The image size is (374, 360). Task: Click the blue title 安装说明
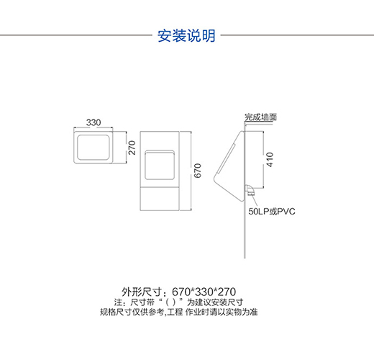coord(186,36)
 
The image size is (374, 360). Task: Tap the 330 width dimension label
coord(93,122)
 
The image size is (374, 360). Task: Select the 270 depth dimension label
coord(132,148)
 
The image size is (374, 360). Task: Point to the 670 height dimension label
coord(197,171)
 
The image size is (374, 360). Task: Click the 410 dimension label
coord(270,159)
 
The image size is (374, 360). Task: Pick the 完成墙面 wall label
coord(260,117)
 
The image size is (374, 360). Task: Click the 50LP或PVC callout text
coord(272,212)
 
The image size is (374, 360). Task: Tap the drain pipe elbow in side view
coord(250,190)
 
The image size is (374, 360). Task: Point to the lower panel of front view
coord(160,199)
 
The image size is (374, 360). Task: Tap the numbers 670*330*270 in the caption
coord(204,292)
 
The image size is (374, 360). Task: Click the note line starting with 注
coord(178,302)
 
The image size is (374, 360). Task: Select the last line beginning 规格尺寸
coord(179,312)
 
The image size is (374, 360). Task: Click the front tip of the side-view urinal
coord(214,179)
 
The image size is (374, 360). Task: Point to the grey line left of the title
coord(76,35)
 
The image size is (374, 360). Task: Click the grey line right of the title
coord(297,35)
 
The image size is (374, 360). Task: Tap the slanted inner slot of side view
coord(226,158)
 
